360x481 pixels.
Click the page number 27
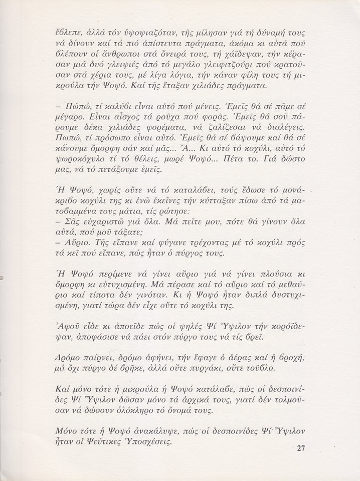click(300, 447)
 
